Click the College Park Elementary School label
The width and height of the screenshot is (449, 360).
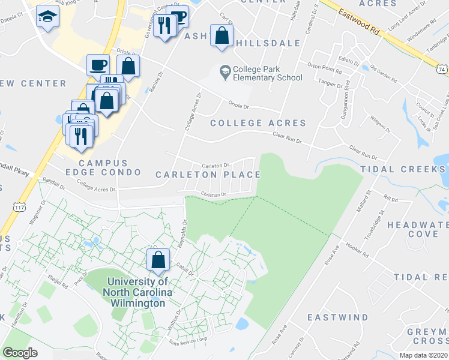268,73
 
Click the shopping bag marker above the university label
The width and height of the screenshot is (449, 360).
157,260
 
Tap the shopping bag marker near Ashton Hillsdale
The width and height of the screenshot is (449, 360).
222,36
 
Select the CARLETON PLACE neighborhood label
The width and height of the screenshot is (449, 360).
208,175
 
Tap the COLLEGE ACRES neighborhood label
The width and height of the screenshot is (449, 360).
258,123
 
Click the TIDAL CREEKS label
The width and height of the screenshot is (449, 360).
405,170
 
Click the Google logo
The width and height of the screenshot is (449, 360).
20,352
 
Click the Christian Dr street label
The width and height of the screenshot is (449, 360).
213,194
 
